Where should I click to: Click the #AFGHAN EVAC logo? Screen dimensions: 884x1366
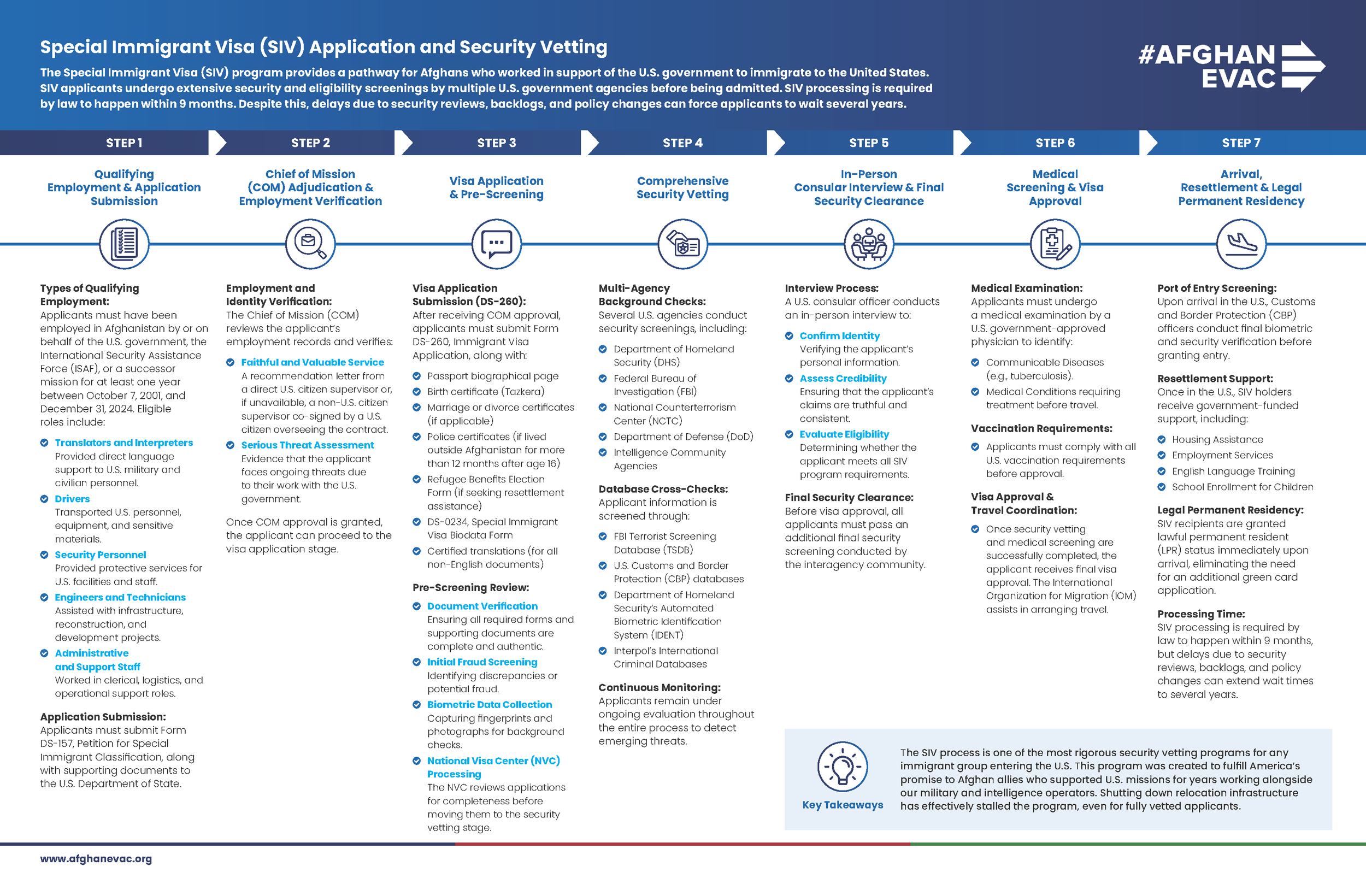[x=1230, y=67]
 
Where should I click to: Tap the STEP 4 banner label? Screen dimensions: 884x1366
[x=682, y=143]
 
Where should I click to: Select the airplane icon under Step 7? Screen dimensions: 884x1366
[x=1241, y=244]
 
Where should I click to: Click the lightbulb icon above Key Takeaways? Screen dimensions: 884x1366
[x=842, y=767]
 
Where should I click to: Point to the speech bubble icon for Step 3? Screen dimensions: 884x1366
[x=497, y=244]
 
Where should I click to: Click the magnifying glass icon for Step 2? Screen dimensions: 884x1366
[x=310, y=244]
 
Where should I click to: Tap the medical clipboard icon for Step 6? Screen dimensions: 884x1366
[x=1055, y=244]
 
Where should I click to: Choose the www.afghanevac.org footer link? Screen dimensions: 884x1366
[x=96, y=859]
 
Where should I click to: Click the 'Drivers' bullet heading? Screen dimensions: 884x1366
[x=72, y=499]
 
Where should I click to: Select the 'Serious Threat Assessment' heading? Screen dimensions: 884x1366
[x=307, y=445]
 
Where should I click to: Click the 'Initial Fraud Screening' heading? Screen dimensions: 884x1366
[x=482, y=662]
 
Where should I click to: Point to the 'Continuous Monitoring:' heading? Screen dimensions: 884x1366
[x=660, y=687]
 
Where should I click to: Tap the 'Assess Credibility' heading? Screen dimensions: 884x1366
[x=843, y=378]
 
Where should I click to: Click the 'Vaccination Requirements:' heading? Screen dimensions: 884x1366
[x=1041, y=428]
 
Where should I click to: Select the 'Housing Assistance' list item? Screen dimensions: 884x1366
[x=1217, y=440]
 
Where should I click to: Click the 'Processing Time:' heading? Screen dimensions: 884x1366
[x=1200, y=614]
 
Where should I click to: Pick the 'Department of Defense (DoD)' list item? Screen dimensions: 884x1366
[x=683, y=437]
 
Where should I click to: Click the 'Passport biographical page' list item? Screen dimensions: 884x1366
[x=492, y=376]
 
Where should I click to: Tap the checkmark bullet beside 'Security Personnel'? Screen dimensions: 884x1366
[x=44, y=555]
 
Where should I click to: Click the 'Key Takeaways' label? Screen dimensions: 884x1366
[x=843, y=805]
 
